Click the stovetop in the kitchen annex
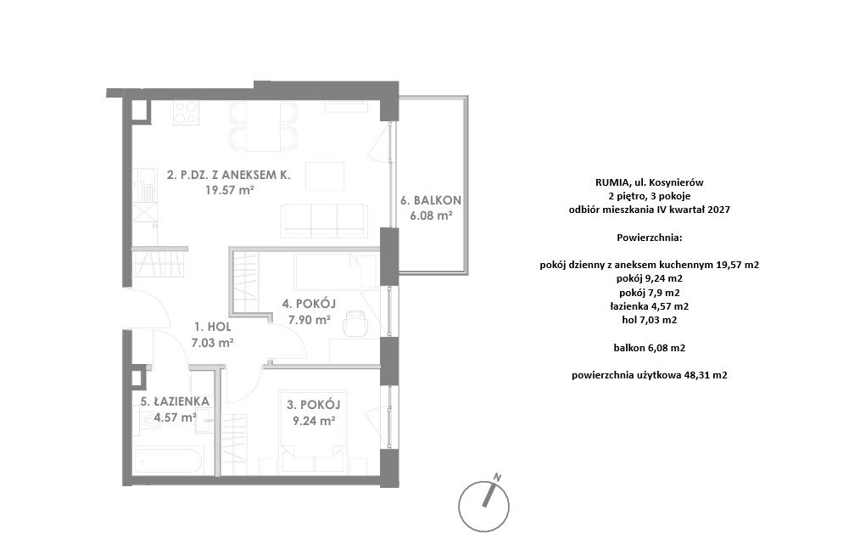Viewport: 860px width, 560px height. pyautogui.click(x=186, y=113)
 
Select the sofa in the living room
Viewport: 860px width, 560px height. pyautogui.click(x=324, y=221)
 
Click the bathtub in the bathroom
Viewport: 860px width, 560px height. pyautogui.click(x=170, y=460)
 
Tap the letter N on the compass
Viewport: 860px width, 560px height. pyautogui.click(x=498, y=476)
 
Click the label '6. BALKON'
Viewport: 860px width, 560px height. pyautogui.click(x=431, y=201)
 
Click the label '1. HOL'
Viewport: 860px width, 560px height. pyautogui.click(x=213, y=328)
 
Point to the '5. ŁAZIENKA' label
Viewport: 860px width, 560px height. pyautogui.click(x=175, y=401)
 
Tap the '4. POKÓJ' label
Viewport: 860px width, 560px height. pyautogui.click(x=309, y=303)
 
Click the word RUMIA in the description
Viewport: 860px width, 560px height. pyautogui.click(x=609, y=182)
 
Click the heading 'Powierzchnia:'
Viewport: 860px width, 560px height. pyautogui.click(x=650, y=238)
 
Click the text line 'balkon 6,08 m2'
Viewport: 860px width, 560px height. pyautogui.click(x=650, y=348)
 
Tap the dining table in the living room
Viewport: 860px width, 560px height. pyautogui.click(x=263, y=126)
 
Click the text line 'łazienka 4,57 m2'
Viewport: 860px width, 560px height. pyautogui.click(x=650, y=306)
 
